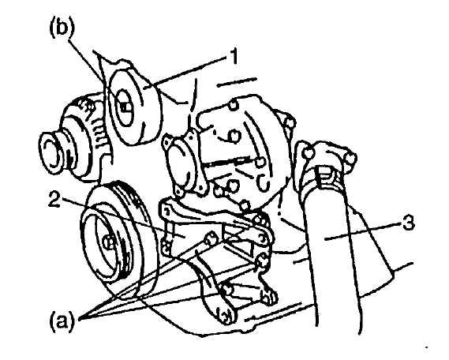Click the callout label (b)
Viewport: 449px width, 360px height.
(62, 29)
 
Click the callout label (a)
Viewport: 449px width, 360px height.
(62, 319)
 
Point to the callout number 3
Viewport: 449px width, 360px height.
(408, 223)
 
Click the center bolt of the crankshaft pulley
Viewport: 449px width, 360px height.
(107, 243)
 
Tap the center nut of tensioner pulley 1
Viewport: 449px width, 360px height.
(125, 107)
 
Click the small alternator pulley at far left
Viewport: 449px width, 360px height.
(51, 154)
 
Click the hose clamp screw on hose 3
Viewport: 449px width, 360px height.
(323, 175)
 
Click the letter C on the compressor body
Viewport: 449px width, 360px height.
(262, 182)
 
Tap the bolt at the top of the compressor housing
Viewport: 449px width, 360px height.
(234, 105)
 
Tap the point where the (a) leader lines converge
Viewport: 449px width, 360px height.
(80, 318)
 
